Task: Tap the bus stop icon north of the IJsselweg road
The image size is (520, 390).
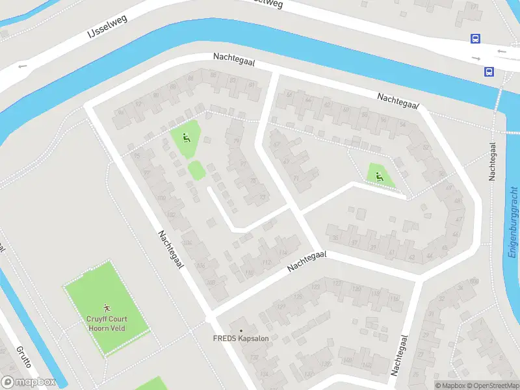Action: [476, 39]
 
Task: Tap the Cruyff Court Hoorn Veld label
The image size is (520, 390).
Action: [107, 323]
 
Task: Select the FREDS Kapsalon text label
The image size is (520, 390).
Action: [240, 339]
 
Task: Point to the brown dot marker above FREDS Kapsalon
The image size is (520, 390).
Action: [241, 330]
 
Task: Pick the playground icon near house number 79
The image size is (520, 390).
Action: [187, 137]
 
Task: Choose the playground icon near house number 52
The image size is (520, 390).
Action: [379, 175]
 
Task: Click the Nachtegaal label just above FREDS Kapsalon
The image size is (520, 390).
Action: [306, 261]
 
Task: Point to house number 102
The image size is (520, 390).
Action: [171, 215]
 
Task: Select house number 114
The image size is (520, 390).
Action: [281, 252]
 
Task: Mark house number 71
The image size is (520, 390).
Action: [296, 177]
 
